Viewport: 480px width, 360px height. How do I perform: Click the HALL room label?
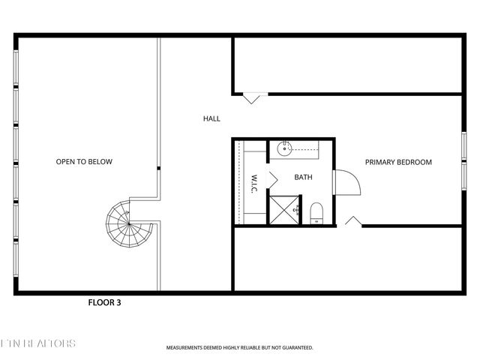pyautogui.click(x=211, y=118)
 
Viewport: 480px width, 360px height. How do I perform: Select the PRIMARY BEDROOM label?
pyautogui.click(x=398, y=162)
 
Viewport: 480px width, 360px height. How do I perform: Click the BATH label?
pyautogui.click(x=303, y=178)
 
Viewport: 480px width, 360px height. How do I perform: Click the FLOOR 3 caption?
pyautogui.click(x=104, y=304)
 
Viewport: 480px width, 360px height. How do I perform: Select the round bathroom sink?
pyautogui.click(x=286, y=148)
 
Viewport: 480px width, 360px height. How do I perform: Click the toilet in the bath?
pyautogui.click(x=315, y=212)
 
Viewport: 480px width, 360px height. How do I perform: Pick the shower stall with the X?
pyautogui.click(x=283, y=209)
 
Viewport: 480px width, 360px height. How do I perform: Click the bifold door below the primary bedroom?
pyautogui.click(x=353, y=221)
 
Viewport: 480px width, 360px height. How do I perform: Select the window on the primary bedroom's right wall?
pyautogui.click(x=464, y=160)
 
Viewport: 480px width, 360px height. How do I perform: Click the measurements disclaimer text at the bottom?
pyautogui.click(x=239, y=348)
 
